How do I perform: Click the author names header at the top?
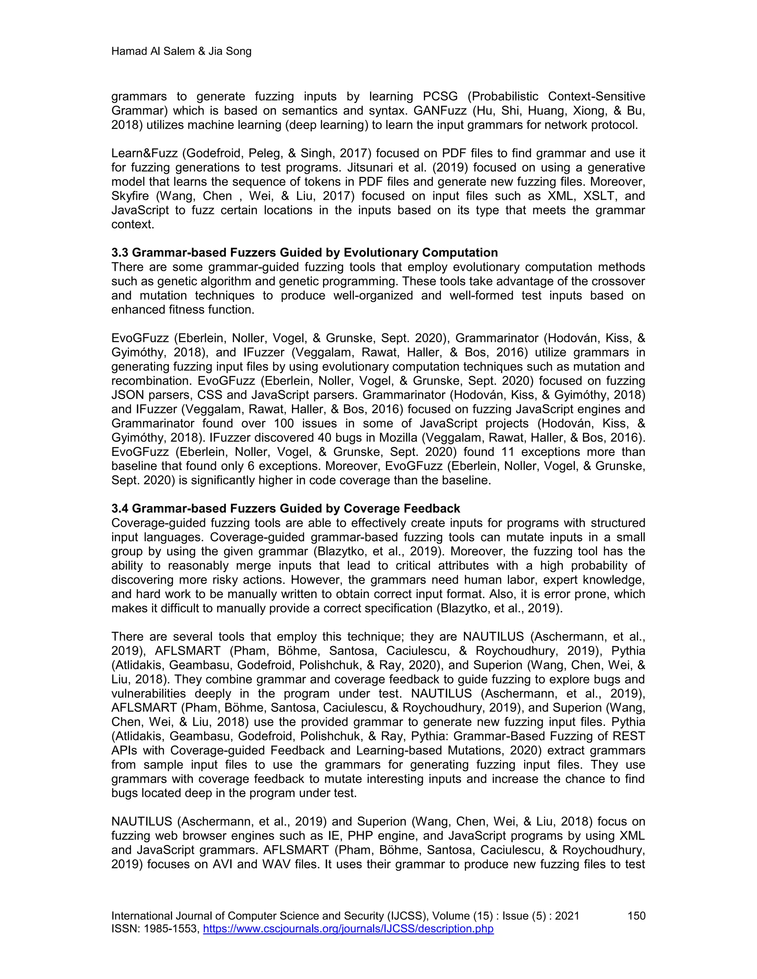click(x=181, y=52)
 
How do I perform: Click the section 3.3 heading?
click(x=305, y=253)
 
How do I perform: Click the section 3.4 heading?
click(x=286, y=508)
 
